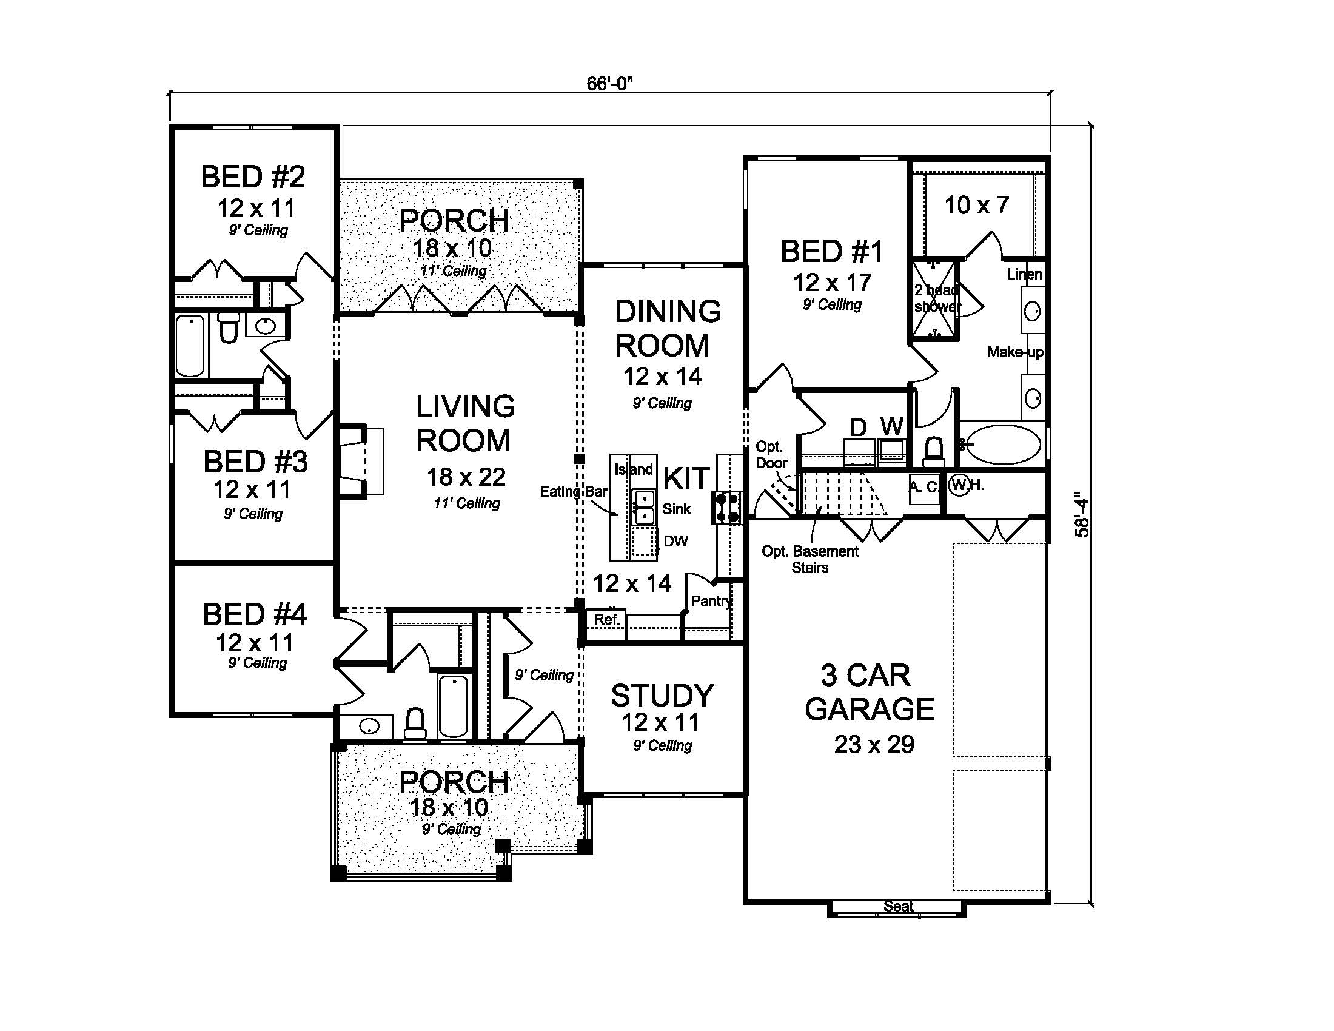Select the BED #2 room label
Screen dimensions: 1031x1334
(x=253, y=177)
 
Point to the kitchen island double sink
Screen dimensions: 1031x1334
(x=643, y=507)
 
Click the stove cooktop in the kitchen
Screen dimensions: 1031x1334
(x=727, y=508)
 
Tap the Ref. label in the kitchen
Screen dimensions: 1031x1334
(x=606, y=619)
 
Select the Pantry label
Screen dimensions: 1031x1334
(x=711, y=601)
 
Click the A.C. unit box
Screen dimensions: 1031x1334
(x=924, y=488)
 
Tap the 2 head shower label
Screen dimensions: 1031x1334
(x=936, y=298)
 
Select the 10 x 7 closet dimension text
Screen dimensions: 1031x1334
(x=976, y=205)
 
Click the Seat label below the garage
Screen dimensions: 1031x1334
(x=898, y=907)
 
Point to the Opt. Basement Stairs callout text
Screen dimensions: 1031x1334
(x=810, y=560)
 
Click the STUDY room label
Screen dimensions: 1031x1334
(x=662, y=696)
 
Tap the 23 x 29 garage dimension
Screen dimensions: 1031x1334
(x=873, y=745)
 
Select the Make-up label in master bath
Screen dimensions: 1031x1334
(x=1015, y=352)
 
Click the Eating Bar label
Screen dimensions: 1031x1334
(x=573, y=492)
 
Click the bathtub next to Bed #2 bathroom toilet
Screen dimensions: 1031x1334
(x=190, y=346)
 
